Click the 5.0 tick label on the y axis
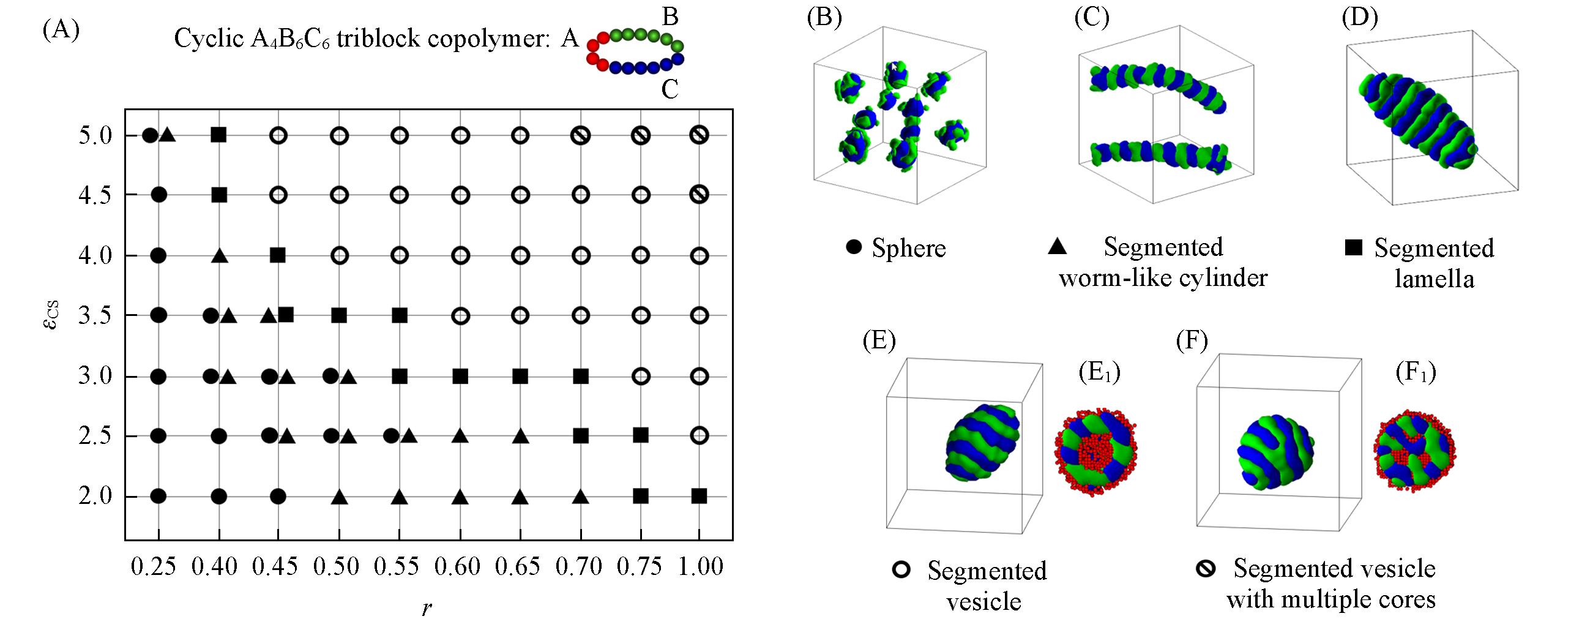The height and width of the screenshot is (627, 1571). (x=95, y=135)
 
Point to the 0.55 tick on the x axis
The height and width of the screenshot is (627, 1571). (x=397, y=566)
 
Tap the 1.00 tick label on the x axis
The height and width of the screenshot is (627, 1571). (x=701, y=566)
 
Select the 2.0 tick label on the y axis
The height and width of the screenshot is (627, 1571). (x=95, y=496)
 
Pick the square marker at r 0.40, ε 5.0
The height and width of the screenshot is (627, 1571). (x=218, y=135)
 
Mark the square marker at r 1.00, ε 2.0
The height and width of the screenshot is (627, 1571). (x=699, y=496)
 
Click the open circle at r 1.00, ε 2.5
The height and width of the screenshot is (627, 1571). (x=699, y=436)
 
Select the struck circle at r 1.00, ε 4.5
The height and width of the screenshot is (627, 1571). (x=699, y=195)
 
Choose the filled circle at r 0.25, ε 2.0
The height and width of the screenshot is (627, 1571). (x=159, y=496)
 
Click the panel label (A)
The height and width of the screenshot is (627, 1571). (x=61, y=29)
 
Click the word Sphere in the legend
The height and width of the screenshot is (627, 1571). (x=909, y=248)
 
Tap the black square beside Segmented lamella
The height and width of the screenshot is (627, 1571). (x=1353, y=247)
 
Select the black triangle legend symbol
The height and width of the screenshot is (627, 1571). (x=1057, y=247)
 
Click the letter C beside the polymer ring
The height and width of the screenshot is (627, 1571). (x=670, y=91)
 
